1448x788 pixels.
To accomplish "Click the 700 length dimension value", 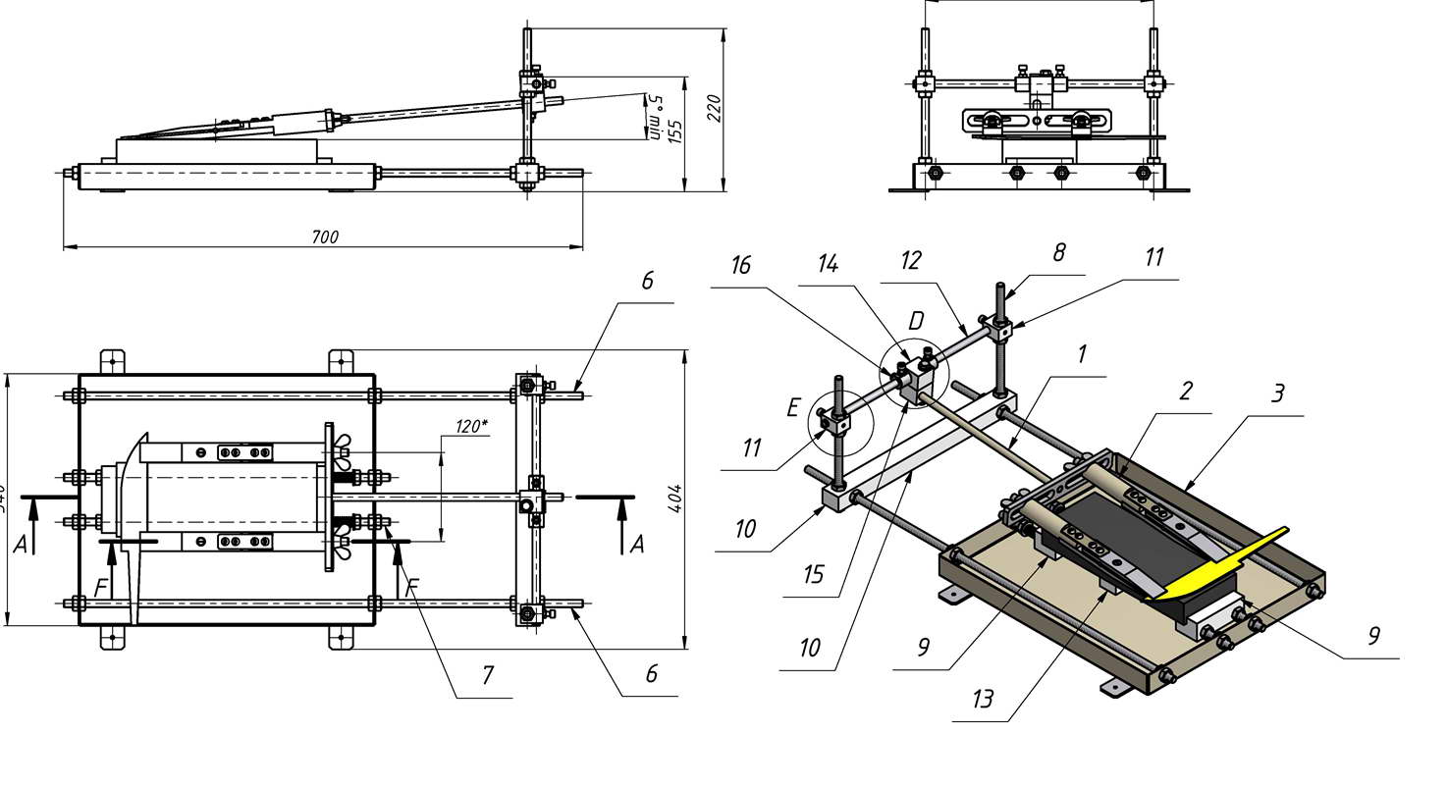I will (326, 237).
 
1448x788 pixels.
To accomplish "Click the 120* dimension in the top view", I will (471, 426).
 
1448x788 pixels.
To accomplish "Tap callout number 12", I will (911, 260).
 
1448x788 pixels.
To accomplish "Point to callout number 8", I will (1058, 253).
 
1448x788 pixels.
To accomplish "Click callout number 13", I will (983, 699).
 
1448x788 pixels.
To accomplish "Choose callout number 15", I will (813, 573).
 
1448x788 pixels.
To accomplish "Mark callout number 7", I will (486, 675).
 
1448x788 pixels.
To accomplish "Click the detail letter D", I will (916, 321).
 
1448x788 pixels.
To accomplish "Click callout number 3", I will (1277, 394).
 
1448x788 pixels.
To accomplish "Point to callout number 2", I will (1186, 391).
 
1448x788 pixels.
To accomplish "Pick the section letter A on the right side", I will (637, 543).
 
